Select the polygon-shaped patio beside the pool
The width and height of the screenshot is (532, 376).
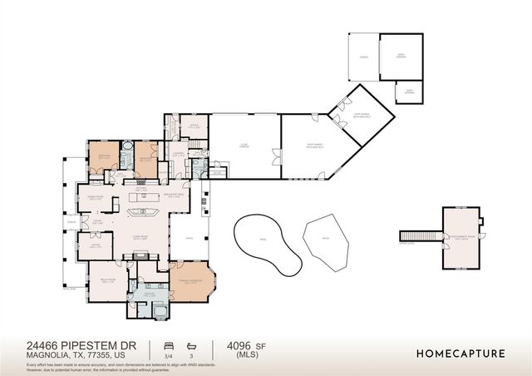click(x=324, y=242)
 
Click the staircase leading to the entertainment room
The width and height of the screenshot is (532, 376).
click(x=420, y=235)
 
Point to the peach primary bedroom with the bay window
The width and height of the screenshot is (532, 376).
click(x=191, y=282)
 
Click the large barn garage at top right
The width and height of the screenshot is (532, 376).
click(x=401, y=56)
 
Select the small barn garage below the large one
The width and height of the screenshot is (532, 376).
click(x=408, y=92)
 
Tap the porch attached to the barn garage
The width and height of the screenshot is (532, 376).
click(x=363, y=57)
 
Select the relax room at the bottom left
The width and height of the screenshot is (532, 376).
click(x=106, y=280)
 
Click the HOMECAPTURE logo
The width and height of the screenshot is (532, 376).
click(x=460, y=354)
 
